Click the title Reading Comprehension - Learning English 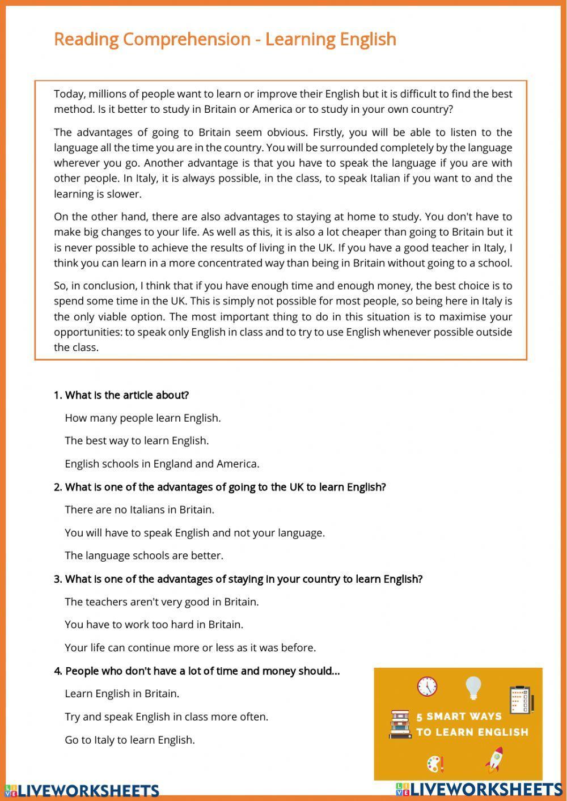tap(225, 39)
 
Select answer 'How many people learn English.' tap(142, 418)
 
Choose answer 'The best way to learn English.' tap(137, 440)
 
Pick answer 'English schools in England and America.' tap(162, 464)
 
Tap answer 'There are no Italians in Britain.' tap(139, 510)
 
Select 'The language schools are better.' tap(144, 556)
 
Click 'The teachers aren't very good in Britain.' tap(162, 601)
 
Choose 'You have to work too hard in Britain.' tap(154, 625)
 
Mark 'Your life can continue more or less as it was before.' tap(190, 647)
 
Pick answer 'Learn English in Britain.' tap(122, 693)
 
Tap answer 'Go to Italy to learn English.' tap(130, 740)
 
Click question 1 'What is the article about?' tap(121, 395)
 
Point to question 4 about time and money tap(197, 671)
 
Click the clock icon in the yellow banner tap(427, 686)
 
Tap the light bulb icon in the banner tap(473, 688)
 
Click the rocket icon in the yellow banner tap(494, 759)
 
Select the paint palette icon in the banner tap(435, 764)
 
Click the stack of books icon tap(400, 724)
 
